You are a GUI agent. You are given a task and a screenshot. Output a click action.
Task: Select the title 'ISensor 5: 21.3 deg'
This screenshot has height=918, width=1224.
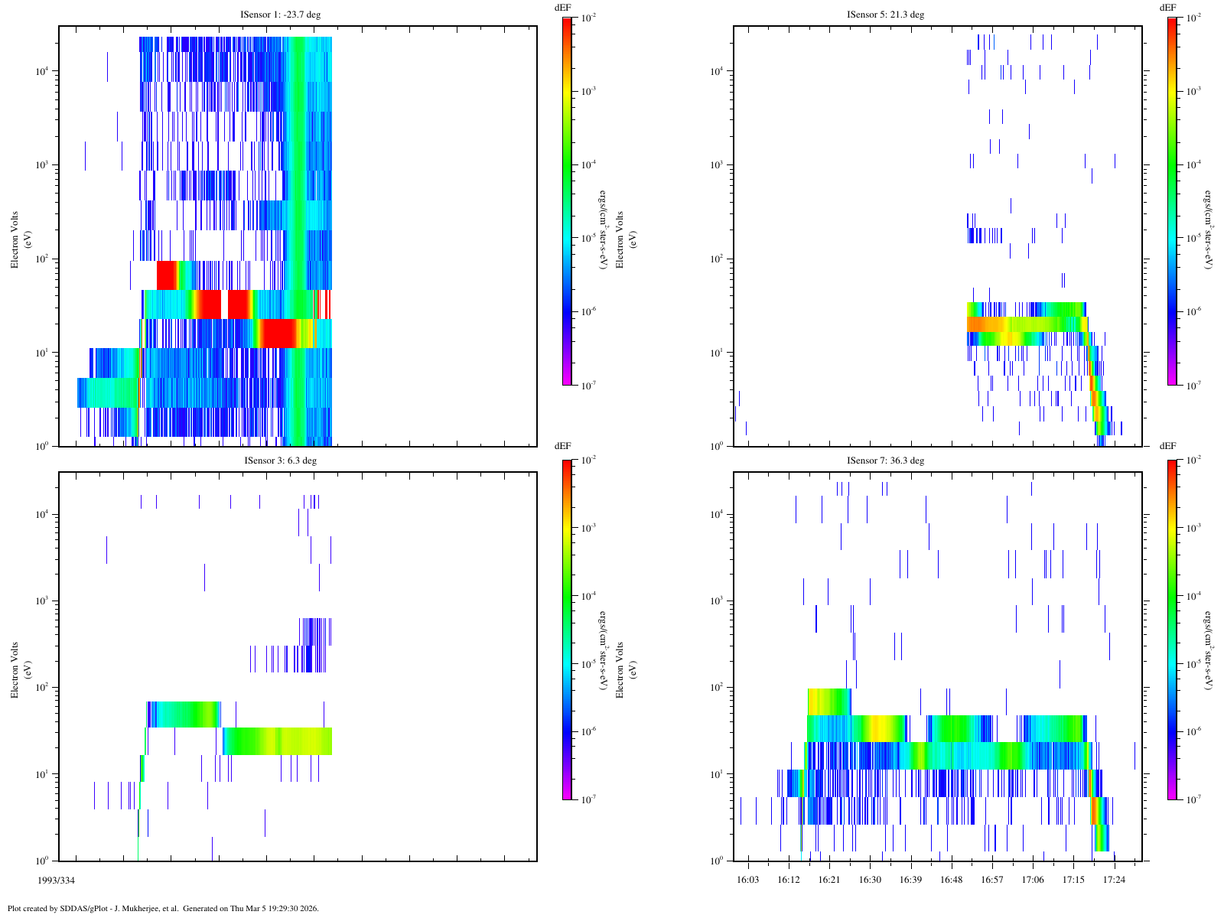pyautogui.click(x=885, y=15)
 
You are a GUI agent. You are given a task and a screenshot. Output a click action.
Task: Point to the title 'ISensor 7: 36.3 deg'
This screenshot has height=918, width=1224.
pyautogui.click(x=885, y=461)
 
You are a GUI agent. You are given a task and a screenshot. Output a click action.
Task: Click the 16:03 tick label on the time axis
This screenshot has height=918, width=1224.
pyautogui.click(x=747, y=880)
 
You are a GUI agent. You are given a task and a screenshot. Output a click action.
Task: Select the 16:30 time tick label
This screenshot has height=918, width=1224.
pyautogui.click(x=870, y=880)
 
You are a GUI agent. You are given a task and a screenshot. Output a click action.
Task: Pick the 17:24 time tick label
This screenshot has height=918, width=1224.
pyautogui.click(x=1114, y=880)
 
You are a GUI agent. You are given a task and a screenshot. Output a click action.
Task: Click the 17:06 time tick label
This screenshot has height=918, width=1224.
pyautogui.click(x=1033, y=880)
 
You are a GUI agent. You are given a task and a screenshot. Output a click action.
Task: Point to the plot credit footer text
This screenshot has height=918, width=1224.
pyautogui.click(x=163, y=909)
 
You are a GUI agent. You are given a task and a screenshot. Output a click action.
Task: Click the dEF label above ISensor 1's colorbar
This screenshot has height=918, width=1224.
pyautogui.click(x=562, y=7)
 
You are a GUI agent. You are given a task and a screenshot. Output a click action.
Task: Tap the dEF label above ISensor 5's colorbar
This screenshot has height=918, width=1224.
pyautogui.click(x=1167, y=7)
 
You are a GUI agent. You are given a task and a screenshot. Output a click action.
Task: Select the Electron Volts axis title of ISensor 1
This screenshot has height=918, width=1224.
pyautogui.click(x=14, y=239)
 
